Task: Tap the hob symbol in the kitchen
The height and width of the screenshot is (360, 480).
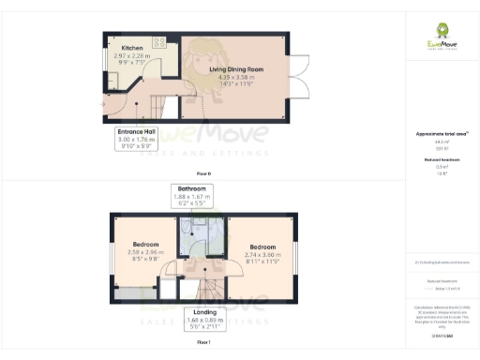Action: pyautogui.click(x=158, y=43)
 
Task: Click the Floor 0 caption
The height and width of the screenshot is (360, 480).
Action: pyautogui.click(x=203, y=174)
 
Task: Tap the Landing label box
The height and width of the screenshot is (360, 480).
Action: pyautogui.click(x=206, y=318)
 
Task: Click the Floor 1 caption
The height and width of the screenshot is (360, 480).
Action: pyautogui.click(x=203, y=345)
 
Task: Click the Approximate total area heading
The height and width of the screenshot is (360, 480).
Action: pyautogui.click(x=441, y=134)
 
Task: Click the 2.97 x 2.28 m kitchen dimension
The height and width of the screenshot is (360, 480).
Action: pyautogui.click(x=130, y=55)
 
